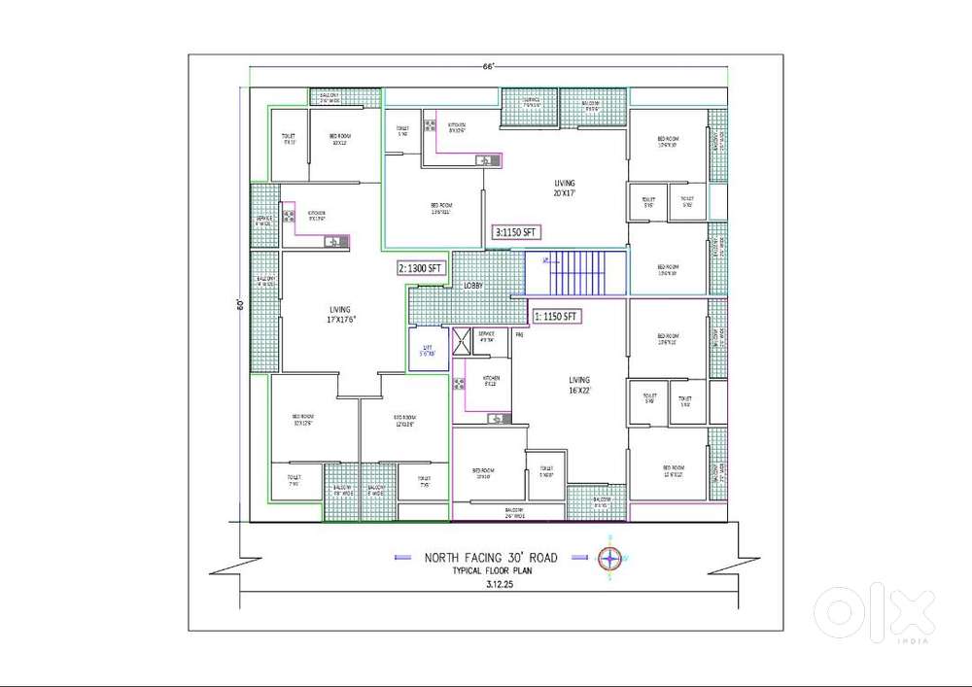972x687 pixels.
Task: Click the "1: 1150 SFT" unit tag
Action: coord(556,316)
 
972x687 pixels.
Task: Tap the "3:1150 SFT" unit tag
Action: coord(516,232)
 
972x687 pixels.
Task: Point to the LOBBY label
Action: coord(472,286)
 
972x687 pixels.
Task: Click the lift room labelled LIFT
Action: coord(427,351)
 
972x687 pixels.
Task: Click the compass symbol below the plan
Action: coord(610,558)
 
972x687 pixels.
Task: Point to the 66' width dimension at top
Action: coord(490,67)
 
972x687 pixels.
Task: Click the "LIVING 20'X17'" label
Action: coord(565,188)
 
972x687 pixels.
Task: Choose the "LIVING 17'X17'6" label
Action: coord(311,315)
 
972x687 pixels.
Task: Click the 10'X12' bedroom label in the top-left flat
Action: coord(338,139)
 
